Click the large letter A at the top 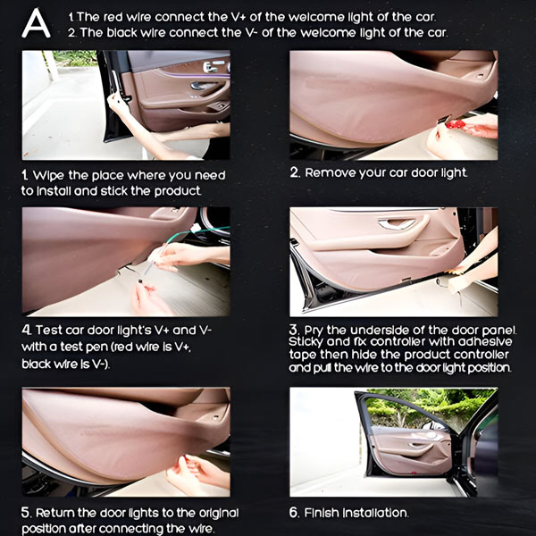(36, 23)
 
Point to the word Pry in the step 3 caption (314, 331)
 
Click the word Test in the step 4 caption (49, 331)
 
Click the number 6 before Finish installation (293, 513)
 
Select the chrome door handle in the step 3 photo (397, 223)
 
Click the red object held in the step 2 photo (455, 124)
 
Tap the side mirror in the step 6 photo (433, 425)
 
